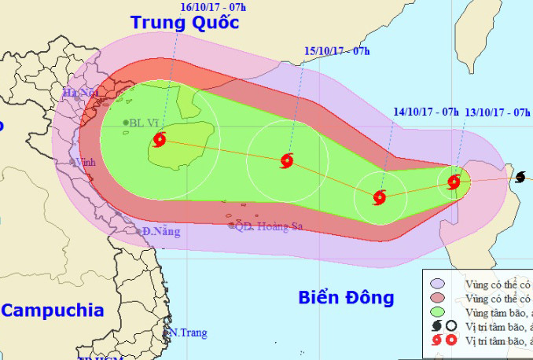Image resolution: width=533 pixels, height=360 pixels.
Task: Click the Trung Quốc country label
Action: (x=185, y=22)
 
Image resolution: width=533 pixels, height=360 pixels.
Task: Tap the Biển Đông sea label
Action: (x=345, y=297)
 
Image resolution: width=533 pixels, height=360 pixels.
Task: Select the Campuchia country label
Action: (x=53, y=310)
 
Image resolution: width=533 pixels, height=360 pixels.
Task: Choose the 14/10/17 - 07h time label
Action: (x=426, y=112)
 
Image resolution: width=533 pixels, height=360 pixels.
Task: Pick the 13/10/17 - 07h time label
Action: (x=498, y=112)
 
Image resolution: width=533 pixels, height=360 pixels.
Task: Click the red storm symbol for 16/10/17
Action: (x=160, y=141)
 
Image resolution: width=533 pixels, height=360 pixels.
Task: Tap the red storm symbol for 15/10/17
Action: (x=286, y=162)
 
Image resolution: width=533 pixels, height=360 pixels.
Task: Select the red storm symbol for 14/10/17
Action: (x=380, y=197)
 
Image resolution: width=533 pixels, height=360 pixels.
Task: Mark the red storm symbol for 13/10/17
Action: (x=454, y=182)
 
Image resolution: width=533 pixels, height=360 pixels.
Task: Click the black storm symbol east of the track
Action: (x=520, y=178)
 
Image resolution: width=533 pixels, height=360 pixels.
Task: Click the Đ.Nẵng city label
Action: (x=161, y=231)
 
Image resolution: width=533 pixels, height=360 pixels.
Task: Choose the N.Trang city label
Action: (x=189, y=332)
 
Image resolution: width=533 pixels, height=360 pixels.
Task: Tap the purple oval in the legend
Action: (x=436, y=283)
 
